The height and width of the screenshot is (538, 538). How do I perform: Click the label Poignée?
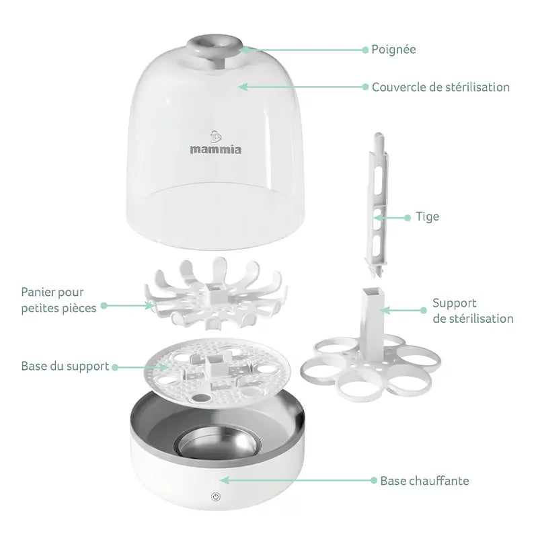(393, 50)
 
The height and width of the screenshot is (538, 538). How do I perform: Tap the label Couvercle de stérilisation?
(440, 87)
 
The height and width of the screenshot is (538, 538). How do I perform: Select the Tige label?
(427, 217)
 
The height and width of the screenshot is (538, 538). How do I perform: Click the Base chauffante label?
(424, 481)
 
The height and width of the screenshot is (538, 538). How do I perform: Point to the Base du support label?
(65, 367)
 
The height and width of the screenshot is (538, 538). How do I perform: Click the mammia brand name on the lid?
(215, 149)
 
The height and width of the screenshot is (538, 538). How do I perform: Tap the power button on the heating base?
(216, 496)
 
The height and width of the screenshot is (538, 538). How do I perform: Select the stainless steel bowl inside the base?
(216, 446)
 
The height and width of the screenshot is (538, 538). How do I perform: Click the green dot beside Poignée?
(365, 50)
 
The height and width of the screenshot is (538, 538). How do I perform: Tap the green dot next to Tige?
(408, 218)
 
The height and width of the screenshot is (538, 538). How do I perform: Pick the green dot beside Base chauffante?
(374, 480)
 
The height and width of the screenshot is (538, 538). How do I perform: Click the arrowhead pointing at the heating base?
(224, 480)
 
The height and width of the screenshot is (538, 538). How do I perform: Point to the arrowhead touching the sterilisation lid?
(243, 87)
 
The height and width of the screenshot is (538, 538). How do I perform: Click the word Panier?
(38, 293)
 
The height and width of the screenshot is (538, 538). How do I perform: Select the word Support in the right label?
(455, 303)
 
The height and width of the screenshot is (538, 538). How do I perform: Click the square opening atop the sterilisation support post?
(373, 292)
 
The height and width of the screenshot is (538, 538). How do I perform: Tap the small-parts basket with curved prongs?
(215, 294)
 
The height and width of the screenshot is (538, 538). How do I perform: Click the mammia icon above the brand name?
(215, 137)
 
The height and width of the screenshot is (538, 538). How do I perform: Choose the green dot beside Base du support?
(115, 367)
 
